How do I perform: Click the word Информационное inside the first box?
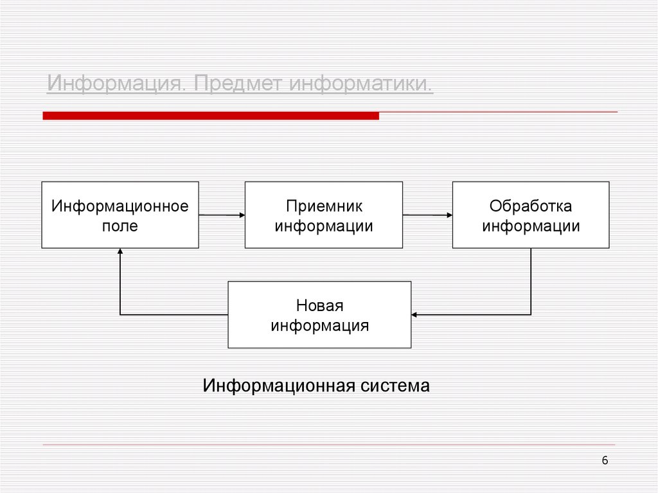pyautogui.click(x=120, y=206)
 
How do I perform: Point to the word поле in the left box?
pyautogui.click(x=120, y=226)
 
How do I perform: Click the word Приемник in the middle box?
pyautogui.click(x=324, y=206)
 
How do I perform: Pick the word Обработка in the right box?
pyautogui.click(x=531, y=206)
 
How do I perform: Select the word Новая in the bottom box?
pyautogui.click(x=319, y=305)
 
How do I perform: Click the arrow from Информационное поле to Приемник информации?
pyautogui.click(x=222, y=215)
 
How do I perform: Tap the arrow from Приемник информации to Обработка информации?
pyautogui.click(x=427, y=215)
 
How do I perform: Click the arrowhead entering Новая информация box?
pyautogui.click(x=415, y=314)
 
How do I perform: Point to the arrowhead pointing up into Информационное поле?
pyautogui.click(x=120, y=253)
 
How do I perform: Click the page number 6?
pyautogui.click(x=605, y=460)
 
